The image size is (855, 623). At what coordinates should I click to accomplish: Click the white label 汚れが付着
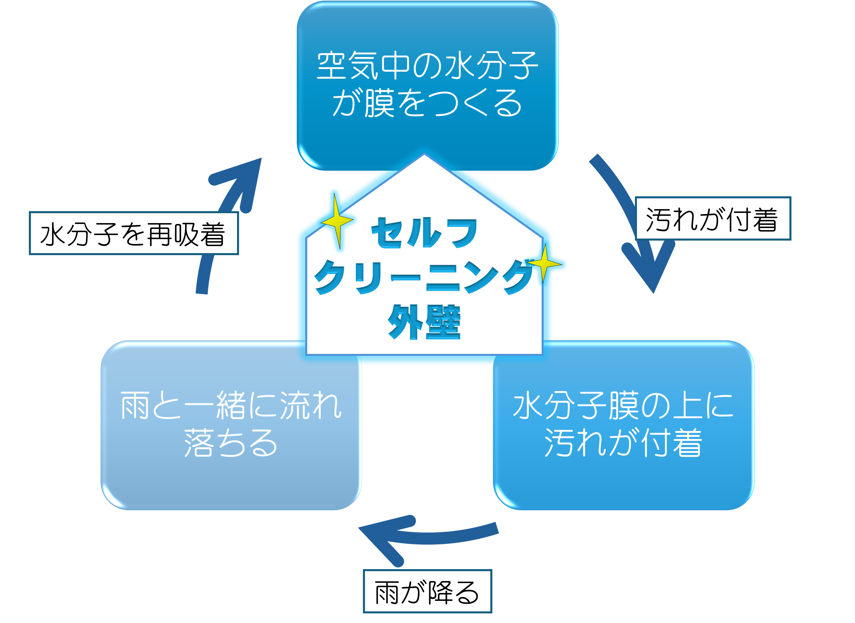(713, 218)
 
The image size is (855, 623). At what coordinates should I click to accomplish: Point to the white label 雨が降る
(427, 591)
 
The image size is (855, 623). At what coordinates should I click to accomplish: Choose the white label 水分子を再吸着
(134, 233)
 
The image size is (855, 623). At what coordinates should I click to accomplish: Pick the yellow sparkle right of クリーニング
(544, 264)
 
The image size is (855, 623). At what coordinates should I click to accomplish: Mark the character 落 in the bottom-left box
(199, 443)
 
